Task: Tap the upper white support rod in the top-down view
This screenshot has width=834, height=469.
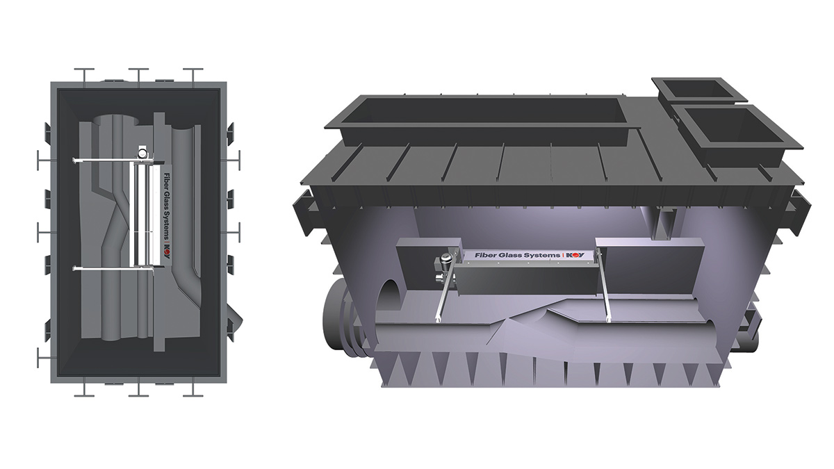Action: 104,161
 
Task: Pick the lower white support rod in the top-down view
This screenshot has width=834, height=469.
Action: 104,268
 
